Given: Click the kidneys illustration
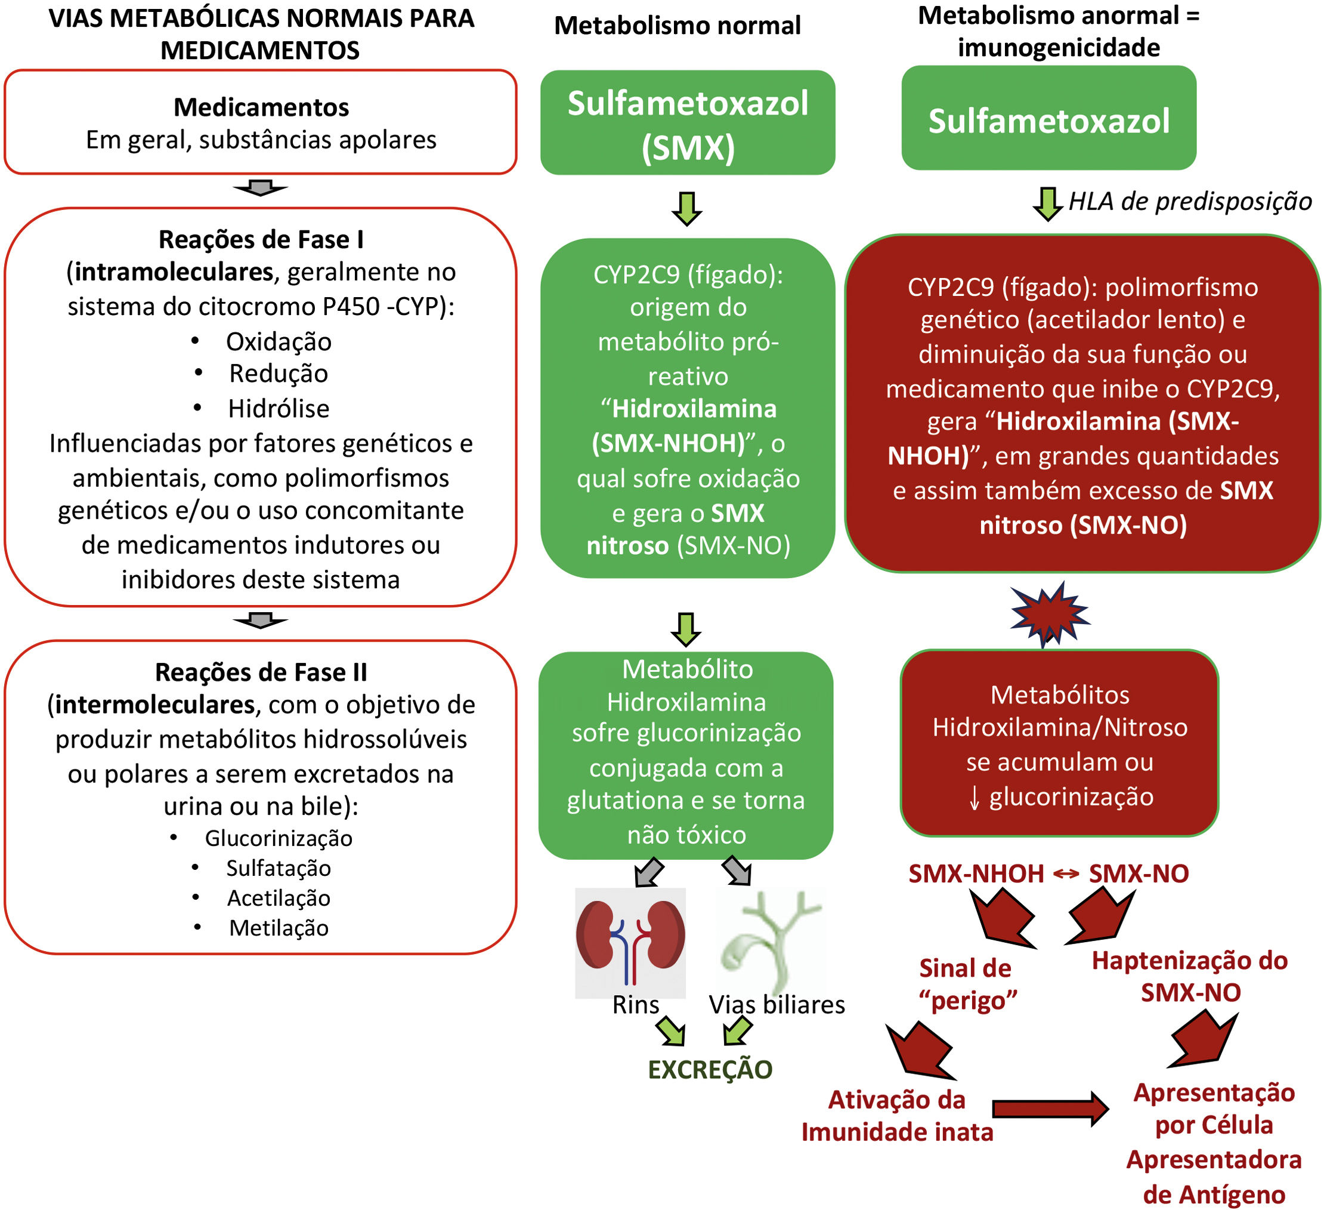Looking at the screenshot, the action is [630, 943].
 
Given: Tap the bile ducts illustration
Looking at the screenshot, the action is [771, 943].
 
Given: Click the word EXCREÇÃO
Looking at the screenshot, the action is [710, 1070].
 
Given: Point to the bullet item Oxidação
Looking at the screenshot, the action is [279, 342].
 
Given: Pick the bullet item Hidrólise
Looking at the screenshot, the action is [279, 409].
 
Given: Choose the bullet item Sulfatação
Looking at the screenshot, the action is [279, 868].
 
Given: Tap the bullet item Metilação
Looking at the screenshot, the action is [279, 928].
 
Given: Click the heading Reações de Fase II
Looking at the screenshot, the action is [261, 672].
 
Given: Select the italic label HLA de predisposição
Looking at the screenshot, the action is [1190, 202].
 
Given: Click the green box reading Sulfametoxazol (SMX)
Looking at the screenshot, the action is [688, 123].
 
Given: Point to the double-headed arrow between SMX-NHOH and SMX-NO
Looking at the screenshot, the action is [1066, 873].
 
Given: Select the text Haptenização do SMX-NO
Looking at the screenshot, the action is [1190, 976].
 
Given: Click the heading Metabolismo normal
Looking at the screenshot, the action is [677, 26].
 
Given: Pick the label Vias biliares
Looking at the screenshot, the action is [777, 1004].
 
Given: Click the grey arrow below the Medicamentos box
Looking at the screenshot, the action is [261, 188].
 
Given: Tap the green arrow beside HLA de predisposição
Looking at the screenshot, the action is [1048, 204].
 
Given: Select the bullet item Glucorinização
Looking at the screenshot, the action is [279, 838].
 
